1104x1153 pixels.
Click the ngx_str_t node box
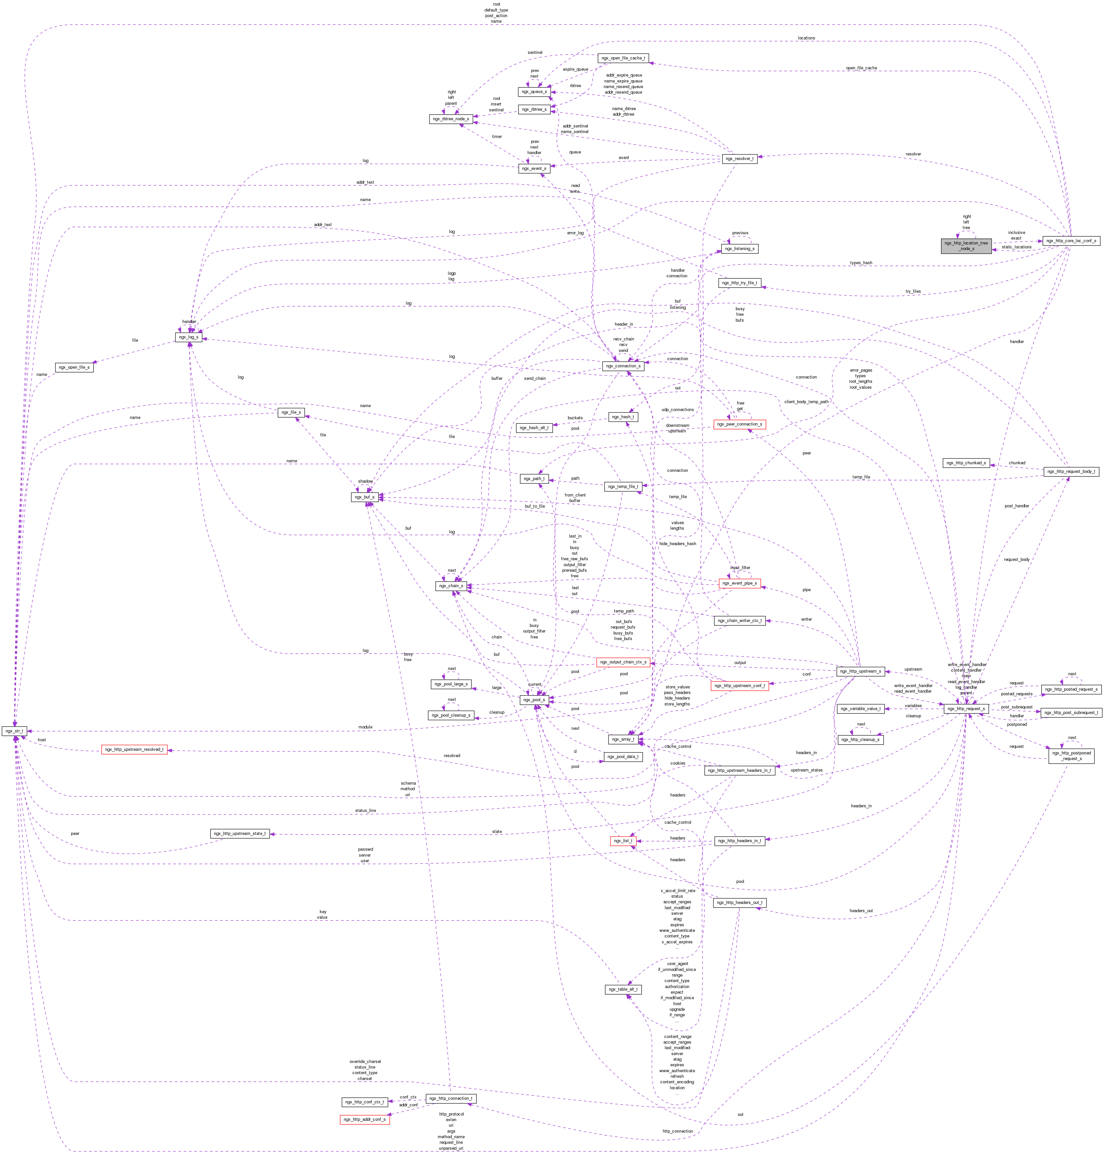point(14,731)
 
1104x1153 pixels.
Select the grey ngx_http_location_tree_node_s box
point(966,246)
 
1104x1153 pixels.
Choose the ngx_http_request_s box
point(966,709)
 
